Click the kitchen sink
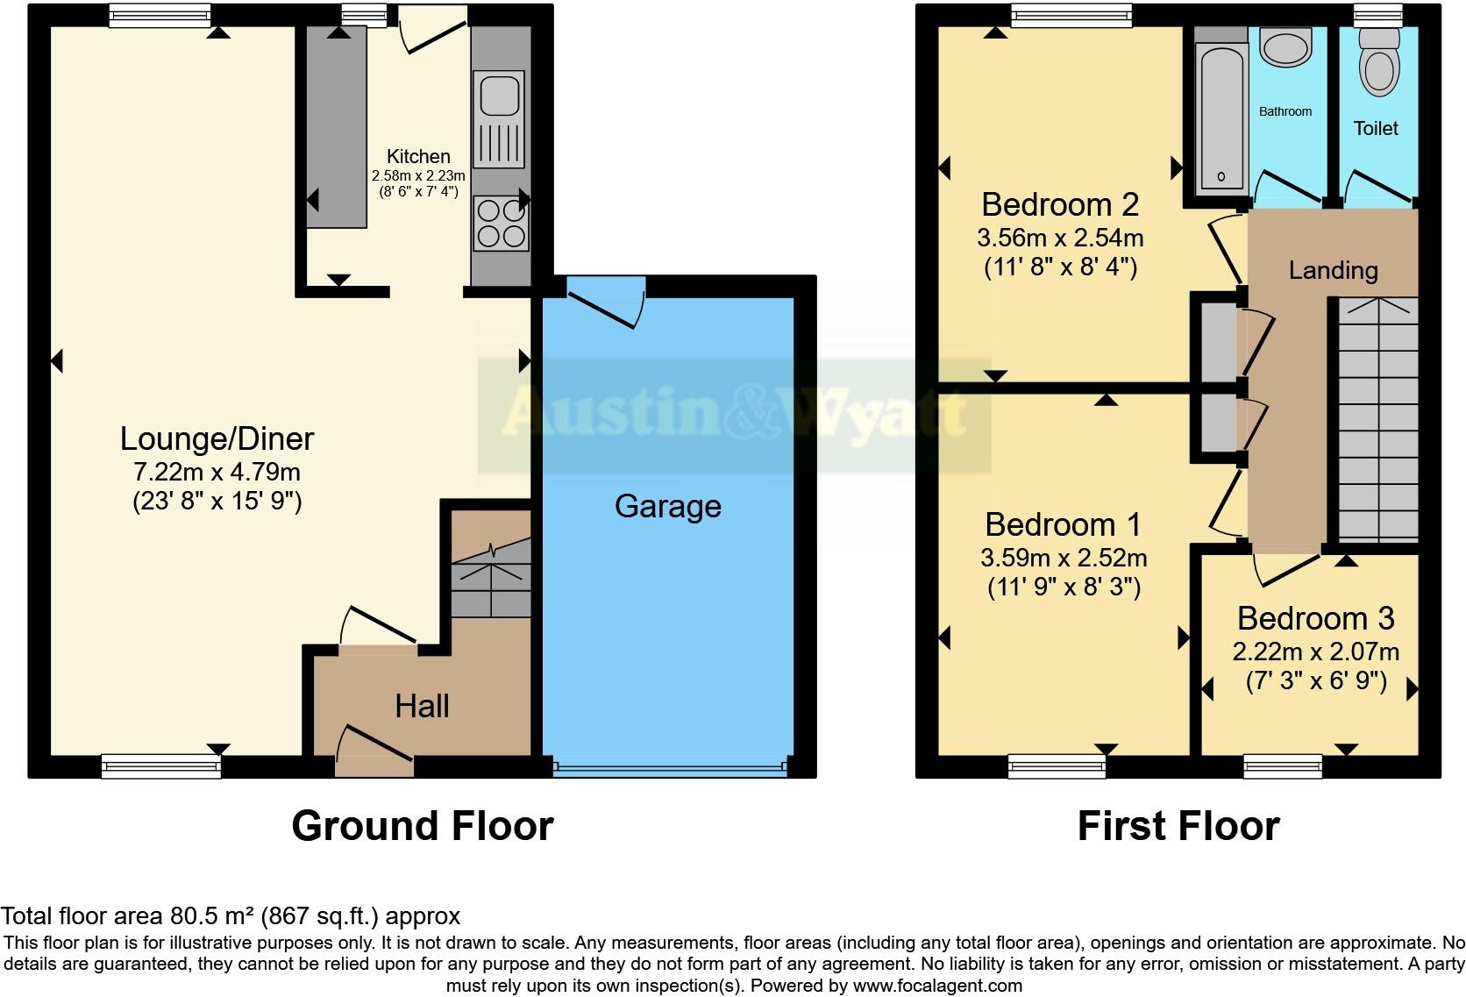(498, 95)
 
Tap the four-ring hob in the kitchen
(501, 223)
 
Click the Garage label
(667, 506)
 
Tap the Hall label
(422, 706)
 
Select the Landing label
(1333, 270)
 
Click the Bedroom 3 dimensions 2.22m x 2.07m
(1315, 652)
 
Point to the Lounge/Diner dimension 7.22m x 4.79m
(217, 472)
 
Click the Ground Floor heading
(422, 826)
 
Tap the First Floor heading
(1178, 826)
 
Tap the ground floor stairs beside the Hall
(491, 579)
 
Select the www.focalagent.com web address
(936, 985)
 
